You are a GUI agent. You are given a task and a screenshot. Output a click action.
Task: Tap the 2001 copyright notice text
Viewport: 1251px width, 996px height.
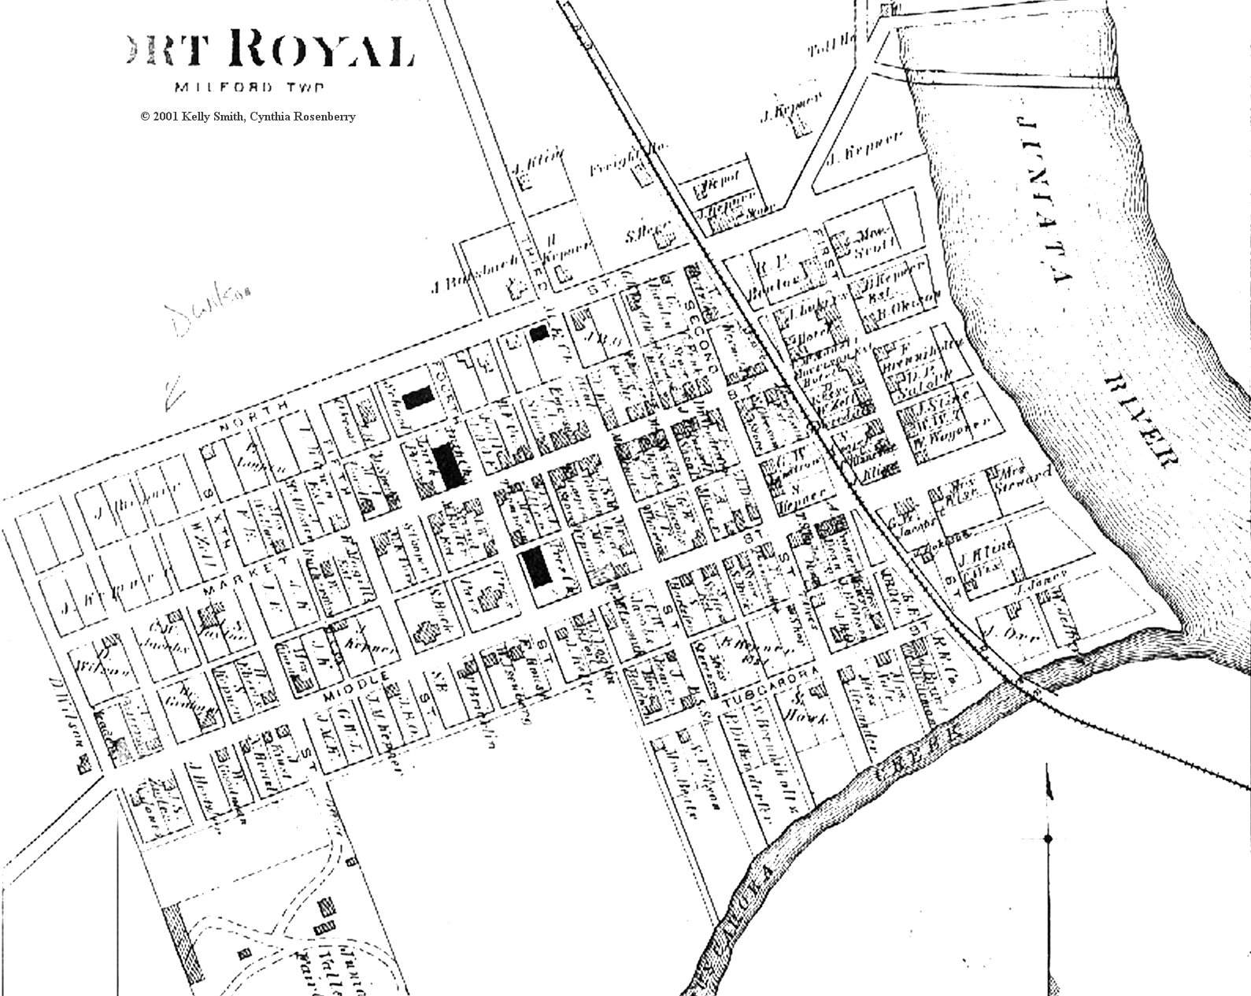point(248,117)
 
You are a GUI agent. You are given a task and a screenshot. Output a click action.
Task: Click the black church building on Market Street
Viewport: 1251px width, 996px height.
point(539,568)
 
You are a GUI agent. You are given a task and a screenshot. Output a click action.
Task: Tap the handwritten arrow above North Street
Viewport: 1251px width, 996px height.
point(172,394)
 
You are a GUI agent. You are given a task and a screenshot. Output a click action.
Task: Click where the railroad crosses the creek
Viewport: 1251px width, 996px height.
point(1022,680)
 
